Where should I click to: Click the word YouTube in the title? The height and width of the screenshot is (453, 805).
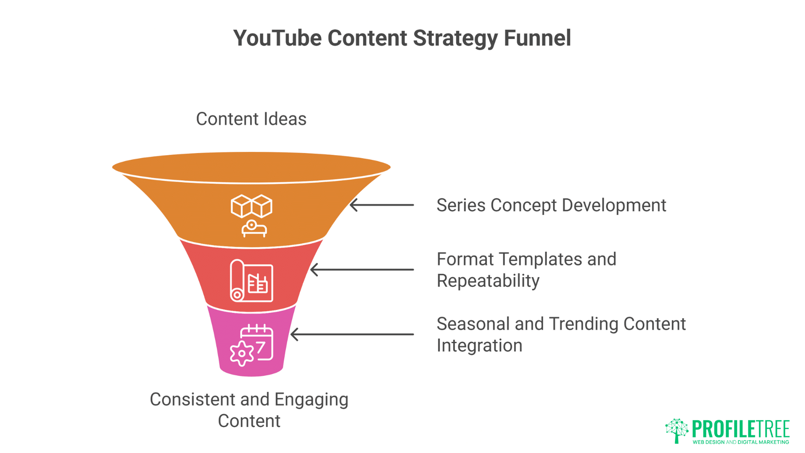[277, 38]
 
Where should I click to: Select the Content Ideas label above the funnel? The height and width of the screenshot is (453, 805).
[251, 119]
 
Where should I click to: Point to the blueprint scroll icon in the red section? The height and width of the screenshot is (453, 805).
[252, 281]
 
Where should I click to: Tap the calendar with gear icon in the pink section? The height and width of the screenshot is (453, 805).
[252, 345]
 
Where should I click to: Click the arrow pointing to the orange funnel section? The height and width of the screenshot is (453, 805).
[382, 205]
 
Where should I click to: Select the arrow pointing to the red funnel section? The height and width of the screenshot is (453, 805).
[362, 270]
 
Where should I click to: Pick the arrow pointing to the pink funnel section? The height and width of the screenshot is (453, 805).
[352, 334]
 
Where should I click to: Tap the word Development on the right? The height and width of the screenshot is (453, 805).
[614, 206]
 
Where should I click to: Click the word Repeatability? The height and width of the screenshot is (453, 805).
[488, 281]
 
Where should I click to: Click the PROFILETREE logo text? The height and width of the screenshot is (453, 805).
[741, 429]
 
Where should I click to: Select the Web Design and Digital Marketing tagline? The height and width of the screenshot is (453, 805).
[741, 442]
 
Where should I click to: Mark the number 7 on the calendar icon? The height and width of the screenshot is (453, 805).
[261, 347]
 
